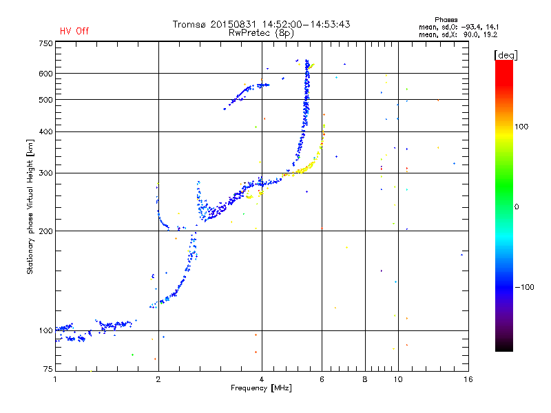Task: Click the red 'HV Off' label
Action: coord(74,31)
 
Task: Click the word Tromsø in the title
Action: coord(189,24)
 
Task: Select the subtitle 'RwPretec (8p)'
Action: coord(261,33)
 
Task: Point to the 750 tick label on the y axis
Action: coord(45,43)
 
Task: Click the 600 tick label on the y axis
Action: coord(45,74)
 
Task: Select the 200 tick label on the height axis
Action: coord(45,231)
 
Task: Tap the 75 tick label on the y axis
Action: coord(48,369)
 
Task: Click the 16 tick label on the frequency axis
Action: coord(468,379)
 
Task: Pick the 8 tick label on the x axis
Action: coord(365,379)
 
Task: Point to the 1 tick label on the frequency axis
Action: coord(55,379)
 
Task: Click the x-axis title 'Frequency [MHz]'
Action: coord(261,388)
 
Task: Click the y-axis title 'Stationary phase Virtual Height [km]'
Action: coord(30,206)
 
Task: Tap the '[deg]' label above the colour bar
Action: coord(506,55)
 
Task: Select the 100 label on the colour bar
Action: coord(521,127)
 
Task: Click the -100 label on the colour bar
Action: coord(524,287)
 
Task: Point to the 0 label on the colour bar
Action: coord(517,207)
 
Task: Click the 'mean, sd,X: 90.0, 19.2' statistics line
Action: coord(458,35)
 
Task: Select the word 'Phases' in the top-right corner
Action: coord(446,20)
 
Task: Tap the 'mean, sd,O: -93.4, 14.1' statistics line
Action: coord(459,28)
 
